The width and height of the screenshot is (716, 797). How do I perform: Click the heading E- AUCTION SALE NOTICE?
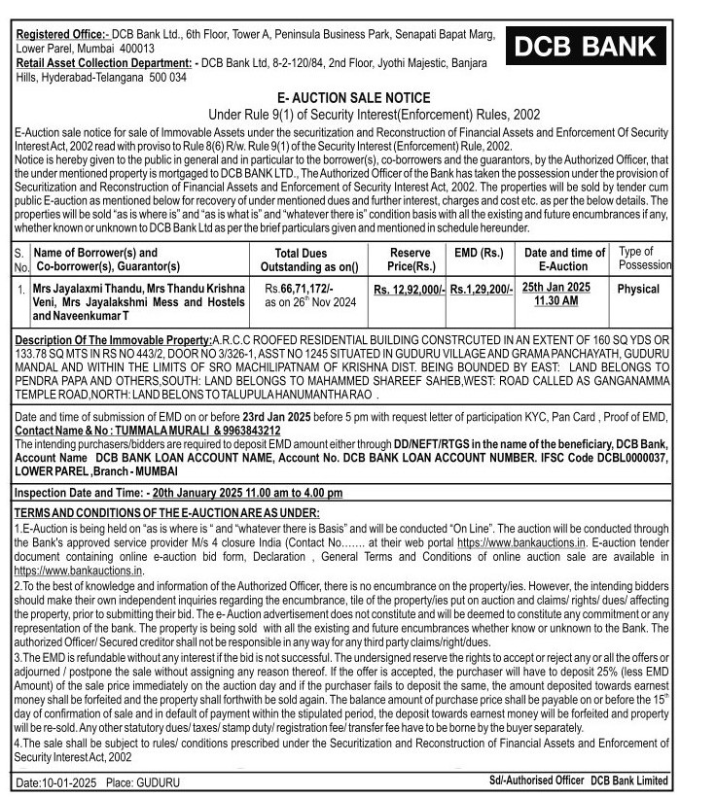[x=353, y=98]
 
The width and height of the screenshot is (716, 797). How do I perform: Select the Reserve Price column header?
[x=411, y=259]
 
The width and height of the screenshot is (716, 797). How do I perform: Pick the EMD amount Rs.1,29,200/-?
[x=482, y=290]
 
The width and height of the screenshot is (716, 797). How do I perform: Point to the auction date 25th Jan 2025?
[x=555, y=287]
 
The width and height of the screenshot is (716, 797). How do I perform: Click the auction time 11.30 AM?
[x=555, y=301]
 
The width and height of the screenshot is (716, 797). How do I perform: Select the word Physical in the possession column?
[x=638, y=289]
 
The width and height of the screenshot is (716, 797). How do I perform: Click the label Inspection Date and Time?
[x=79, y=494]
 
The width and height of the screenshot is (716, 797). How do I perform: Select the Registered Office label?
[x=63, y=35]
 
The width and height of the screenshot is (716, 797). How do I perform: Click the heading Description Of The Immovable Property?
[x=114, y=339]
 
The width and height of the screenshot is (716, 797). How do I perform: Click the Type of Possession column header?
[x=644, y=258]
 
